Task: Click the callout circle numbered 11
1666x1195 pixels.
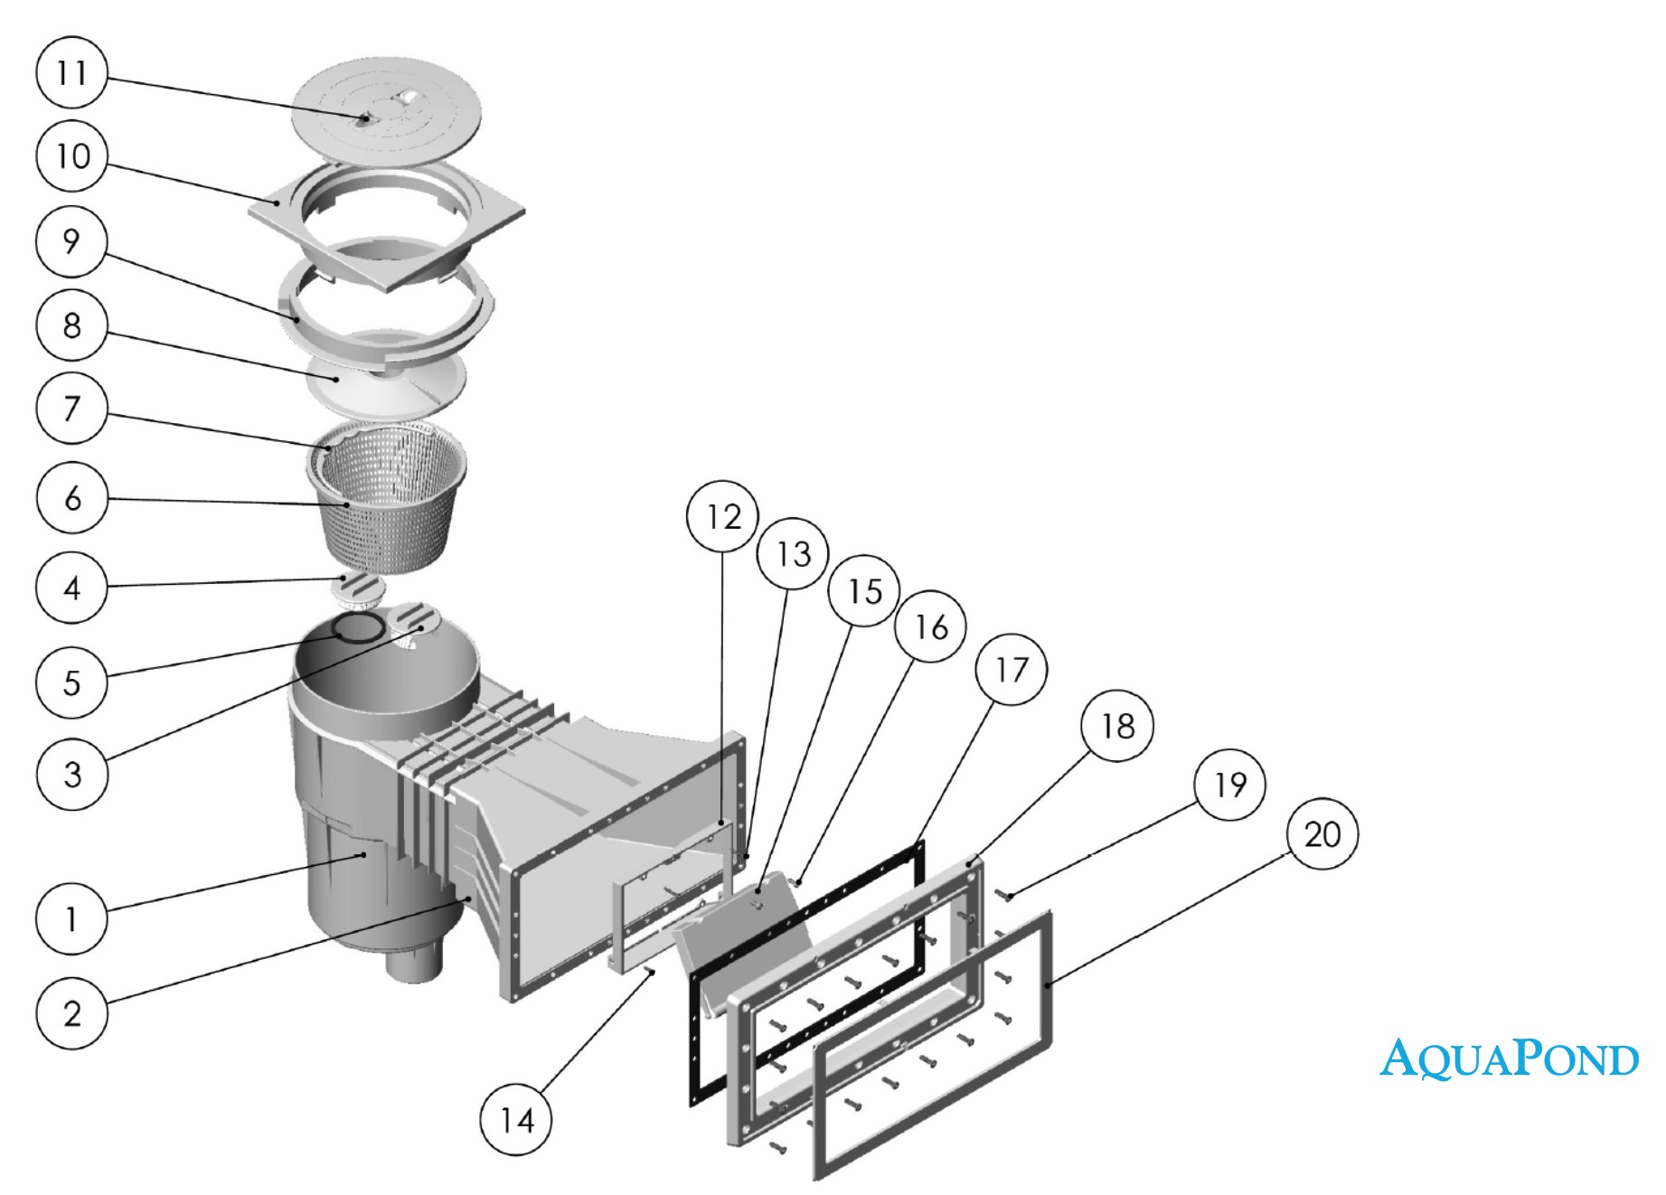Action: click(x=72, y=72)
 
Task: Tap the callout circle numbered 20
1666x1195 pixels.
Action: click(x=1322, y=833)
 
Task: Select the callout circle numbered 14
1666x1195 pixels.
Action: click(x=517, y=1121)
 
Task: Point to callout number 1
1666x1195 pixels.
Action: click(x=72, y=920)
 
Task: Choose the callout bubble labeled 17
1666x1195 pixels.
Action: click(x=1012, y=670)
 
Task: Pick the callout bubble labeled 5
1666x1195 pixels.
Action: click(x=72, y=682)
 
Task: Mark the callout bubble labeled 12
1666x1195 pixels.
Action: click(x=723, y=516)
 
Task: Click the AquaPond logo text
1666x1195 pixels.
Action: click(x=1509, y=1058)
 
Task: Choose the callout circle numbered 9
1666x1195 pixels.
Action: click(x=72, y=241)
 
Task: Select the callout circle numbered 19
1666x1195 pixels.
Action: click(x=1229, y=784)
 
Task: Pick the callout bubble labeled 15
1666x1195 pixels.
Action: click(x=865, y=590)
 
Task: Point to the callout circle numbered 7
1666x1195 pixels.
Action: click(x=72, y=409)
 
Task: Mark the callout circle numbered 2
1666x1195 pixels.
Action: click(x=72, y=1013)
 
